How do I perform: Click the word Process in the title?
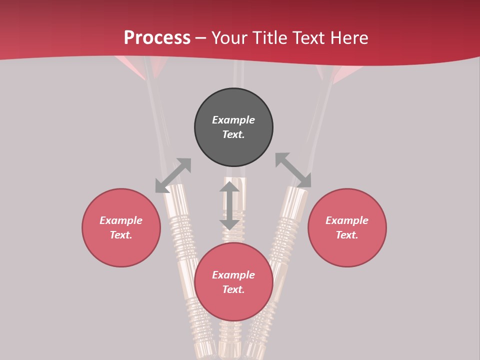157,38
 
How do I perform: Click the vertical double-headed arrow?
229,205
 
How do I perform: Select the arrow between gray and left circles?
173,175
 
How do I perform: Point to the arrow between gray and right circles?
293,170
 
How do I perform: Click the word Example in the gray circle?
233,120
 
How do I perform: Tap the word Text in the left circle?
121,235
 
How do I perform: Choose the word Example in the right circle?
347,220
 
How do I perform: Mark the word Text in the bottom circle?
233,289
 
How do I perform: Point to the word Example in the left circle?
121,220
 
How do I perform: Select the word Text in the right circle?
347,235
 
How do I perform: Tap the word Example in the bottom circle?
233,275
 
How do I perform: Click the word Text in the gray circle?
233,134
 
